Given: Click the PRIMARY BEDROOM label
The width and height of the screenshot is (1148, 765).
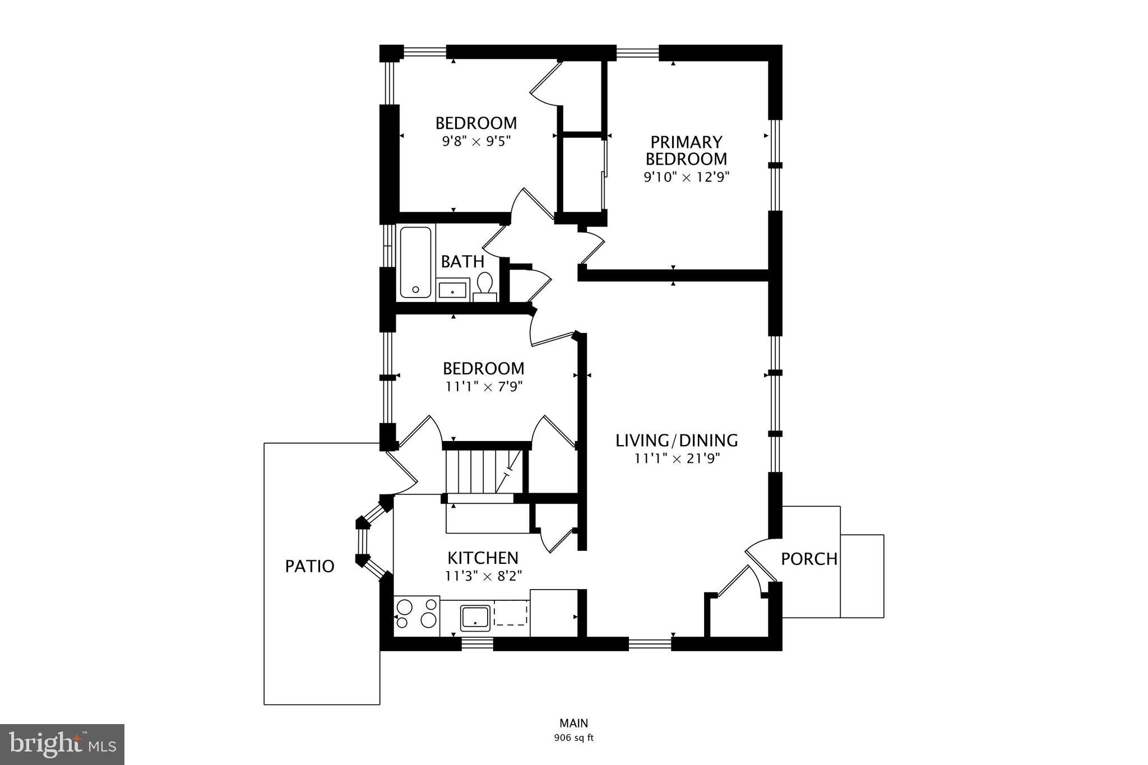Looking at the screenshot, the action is click(x=686, y=150).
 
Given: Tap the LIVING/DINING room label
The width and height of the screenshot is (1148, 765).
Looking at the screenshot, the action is click(x=677, y=441).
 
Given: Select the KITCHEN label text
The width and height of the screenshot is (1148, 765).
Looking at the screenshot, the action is click(x=483, y=558).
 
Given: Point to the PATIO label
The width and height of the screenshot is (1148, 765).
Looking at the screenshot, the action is click(x=309, y=566).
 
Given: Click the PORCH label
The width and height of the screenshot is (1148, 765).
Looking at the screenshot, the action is click(x=809, y=559).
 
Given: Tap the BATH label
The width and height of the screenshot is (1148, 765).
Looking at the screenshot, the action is click(x=462, y=262).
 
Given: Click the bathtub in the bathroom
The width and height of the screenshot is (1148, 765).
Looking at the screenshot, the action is click(x=415, y=262).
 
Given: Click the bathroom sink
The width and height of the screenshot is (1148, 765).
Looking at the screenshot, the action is click(x=452, y=290).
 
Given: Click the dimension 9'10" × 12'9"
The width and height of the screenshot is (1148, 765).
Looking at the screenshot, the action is click(x=686, y=178).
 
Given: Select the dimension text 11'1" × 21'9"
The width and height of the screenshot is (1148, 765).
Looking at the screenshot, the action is click(x=677, y=458).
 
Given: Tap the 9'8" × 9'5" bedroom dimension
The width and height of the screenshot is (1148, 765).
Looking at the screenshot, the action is click(x=476, y=141).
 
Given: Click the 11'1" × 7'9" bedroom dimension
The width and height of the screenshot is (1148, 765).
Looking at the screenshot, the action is click(x=484, y=387).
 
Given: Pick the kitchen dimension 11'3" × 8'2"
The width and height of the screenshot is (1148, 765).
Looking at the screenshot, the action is click(x=483, y=576).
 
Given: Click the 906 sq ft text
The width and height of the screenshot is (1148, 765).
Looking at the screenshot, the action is click(x=573, y=738).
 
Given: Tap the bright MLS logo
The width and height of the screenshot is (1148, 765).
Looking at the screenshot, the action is click(x=63, y=744).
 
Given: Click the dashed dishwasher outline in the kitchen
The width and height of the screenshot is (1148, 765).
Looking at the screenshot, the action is click(x=511, y=613).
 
